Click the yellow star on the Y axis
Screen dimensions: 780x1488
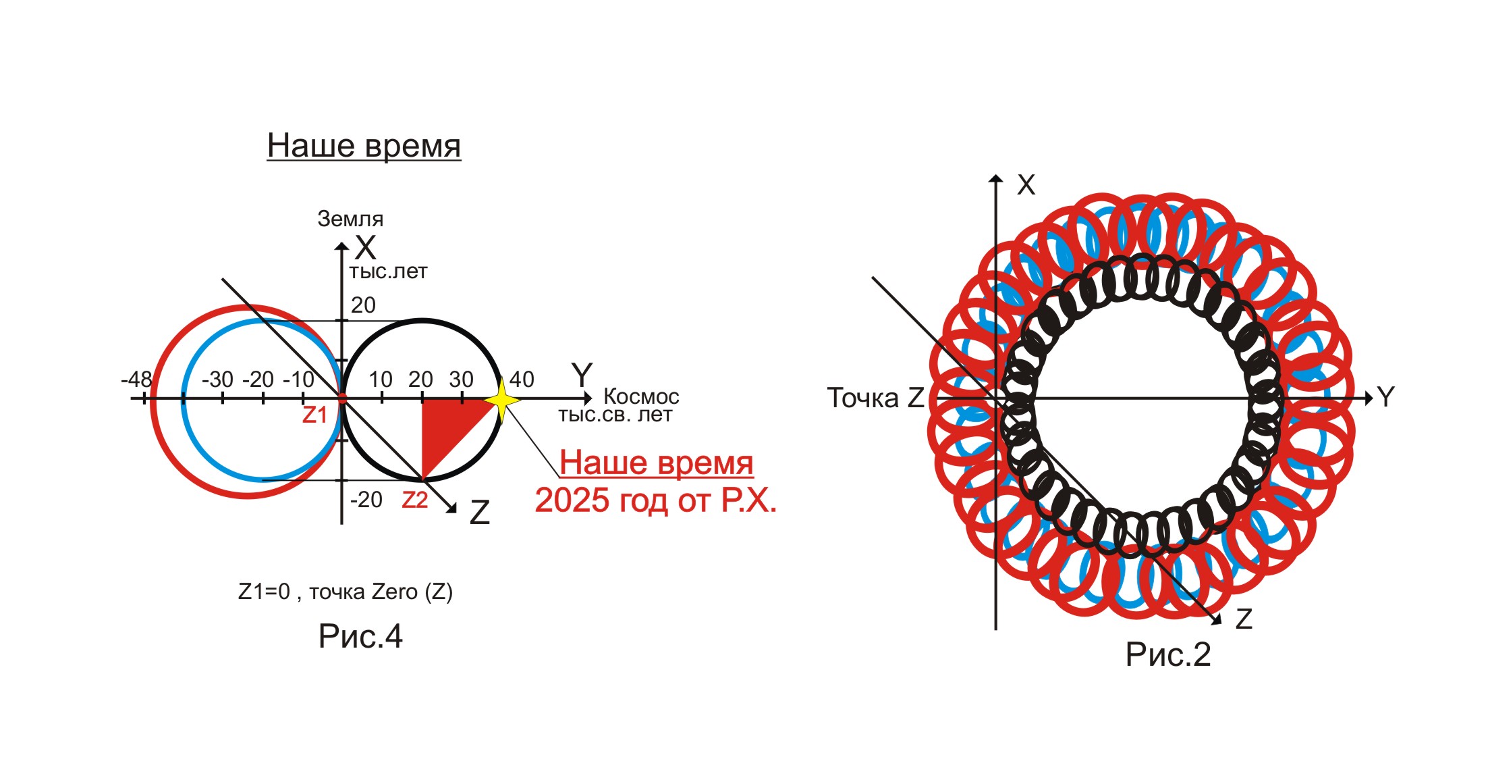[x=501, y=400]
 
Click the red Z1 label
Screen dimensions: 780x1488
[x=314, y=415]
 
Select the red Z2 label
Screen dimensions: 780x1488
[x=415, y=500]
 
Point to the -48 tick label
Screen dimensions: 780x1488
[x=136, y=379]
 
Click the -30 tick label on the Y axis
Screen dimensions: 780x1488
[x=217, y=379]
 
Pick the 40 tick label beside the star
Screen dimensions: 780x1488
[x=522, y=379]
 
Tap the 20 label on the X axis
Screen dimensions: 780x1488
[x=363, y=305]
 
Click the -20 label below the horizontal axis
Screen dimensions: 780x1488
[x=366, y=500]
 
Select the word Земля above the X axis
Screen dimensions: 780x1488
[x=350, y=219]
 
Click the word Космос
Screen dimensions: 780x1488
[x=641, y=396]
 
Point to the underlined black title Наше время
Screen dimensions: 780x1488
[x=364, y=145]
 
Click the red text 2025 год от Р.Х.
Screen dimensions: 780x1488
[x=655, y=500]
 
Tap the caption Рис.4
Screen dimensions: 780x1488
[x=360, y=636]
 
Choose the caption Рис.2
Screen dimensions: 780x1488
[x=1168, y=654]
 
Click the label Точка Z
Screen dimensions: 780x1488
[x=875, y=398]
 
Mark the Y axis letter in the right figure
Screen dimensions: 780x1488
[x=1385, y=397]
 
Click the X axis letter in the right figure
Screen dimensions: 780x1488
[x=1026, y=185]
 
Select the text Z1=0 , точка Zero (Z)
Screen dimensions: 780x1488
[x=346, y=592]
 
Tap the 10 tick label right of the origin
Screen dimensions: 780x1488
[x=381, y=379]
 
